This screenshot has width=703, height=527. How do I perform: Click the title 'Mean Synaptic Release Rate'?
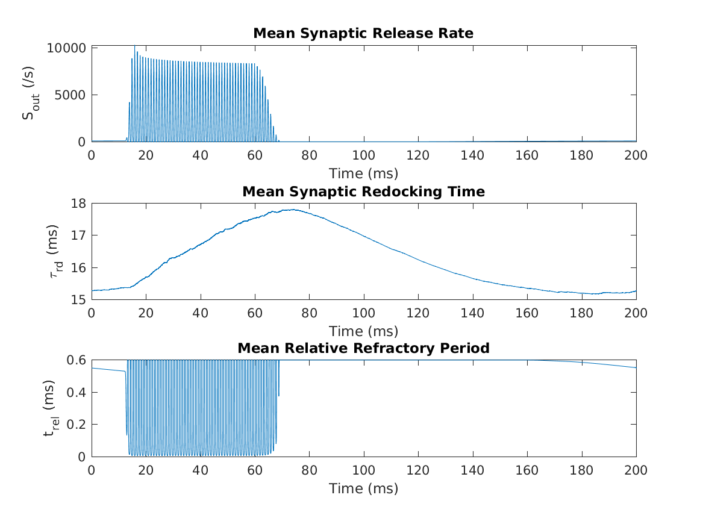[363, 34]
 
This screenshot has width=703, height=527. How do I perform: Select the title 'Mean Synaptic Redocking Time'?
[363, 192]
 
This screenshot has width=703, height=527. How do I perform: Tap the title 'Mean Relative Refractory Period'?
[363, 348]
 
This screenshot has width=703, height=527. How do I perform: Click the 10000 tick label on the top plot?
[67, 48]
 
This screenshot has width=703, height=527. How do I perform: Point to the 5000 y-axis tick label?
[70, 95]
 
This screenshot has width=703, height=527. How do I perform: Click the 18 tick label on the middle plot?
[79, 203]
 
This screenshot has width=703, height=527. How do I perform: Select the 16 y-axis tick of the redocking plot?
[79, 267]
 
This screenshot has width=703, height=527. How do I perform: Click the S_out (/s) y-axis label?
[29, 95]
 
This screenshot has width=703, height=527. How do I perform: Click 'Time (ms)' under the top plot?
[363, 174]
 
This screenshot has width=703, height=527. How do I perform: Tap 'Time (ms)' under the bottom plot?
[363, 488]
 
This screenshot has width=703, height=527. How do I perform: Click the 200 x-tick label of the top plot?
[636, 155]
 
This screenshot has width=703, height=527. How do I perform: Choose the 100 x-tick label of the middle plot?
[364, 313]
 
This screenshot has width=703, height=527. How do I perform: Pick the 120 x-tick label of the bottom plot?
[418, 470]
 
